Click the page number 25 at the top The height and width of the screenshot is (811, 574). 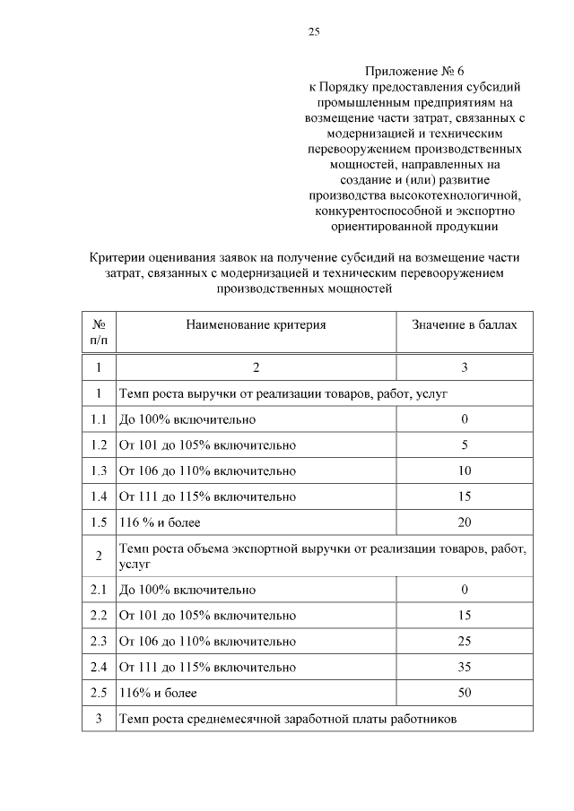pyautogui.click(x=314, y=33)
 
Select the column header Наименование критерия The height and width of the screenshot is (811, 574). pyautogui.click(x=256, y=324)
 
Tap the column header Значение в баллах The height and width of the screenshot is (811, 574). pyautogui.click(x=464, y=324)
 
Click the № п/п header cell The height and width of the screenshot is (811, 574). pyautogui.click(x=99, y=332)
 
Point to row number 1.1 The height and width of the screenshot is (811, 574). pyautogui.click(x=99, y=419)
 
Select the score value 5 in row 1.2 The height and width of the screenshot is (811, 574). pyautogui.click(x=465, y=444)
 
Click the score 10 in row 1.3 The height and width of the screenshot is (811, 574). pyautogui.click(x=465, y=470)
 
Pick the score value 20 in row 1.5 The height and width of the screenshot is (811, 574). pyautogui.click(x=465, y=522)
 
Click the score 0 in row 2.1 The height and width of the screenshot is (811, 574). pyautogui.click(x=465, y=590)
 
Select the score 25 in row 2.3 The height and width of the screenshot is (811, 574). pyautogui.click(x=465, y=642)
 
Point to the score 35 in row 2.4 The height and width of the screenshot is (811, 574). pyautogui.click(x=465, y=668)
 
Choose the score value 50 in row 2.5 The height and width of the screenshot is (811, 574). pyautogui.click(x=465, y=694)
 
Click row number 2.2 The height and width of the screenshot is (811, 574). pyautogui.click(x=99, y=616)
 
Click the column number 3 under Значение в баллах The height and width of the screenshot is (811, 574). pyautogui.click(x=465, y=367)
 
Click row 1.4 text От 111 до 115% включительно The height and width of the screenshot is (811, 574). pyautogui.click(x=207, y=496)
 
